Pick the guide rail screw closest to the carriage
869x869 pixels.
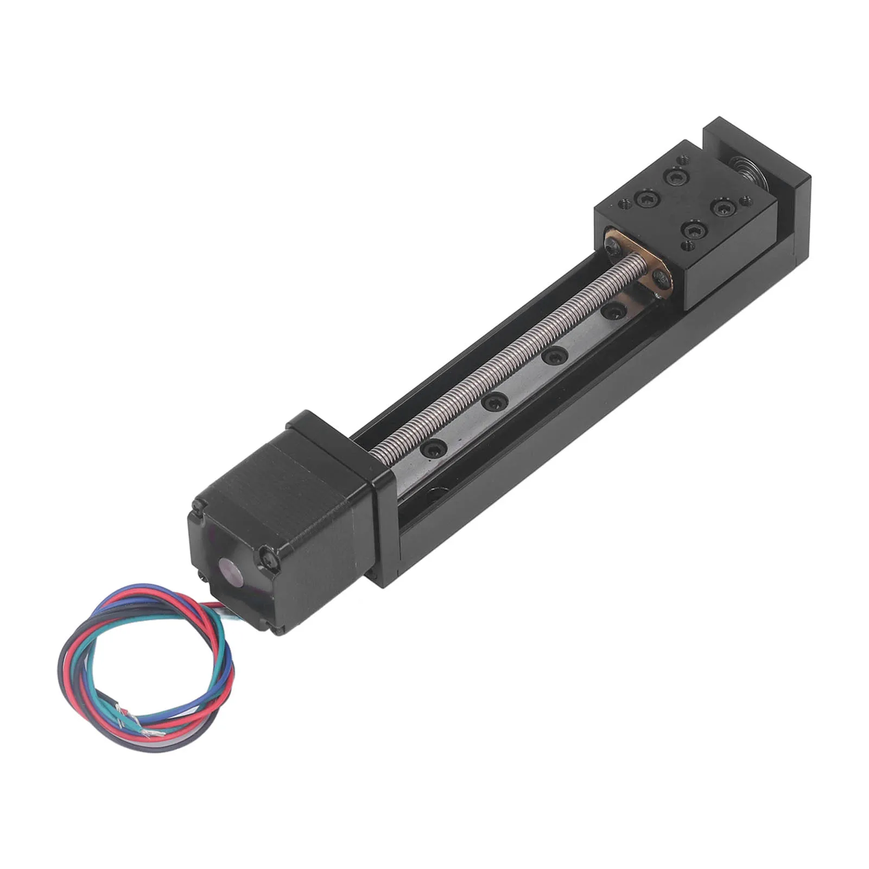[x=613, y=311]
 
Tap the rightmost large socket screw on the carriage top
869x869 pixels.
[x=722, y=206]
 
